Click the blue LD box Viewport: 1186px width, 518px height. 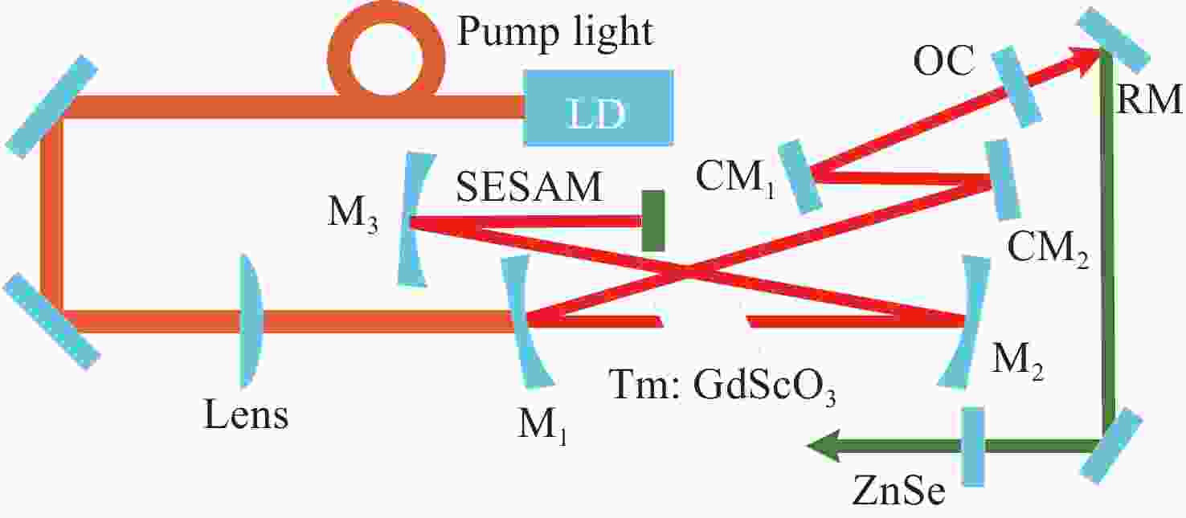coord(599,108)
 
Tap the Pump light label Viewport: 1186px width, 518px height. coord(555,32)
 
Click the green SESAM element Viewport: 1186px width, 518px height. coord(652,221)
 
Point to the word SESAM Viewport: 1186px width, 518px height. coord(529,186)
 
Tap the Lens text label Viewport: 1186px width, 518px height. coord(246,414)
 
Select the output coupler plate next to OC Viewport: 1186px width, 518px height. coord(1016,87)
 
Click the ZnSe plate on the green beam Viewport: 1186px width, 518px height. coord(973,447)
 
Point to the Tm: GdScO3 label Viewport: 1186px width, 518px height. coord(722,385)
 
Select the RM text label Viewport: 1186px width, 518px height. coord(1149,99)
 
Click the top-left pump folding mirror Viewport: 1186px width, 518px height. coord(51,106)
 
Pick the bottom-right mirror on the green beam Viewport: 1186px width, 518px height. coord(1111,445)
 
